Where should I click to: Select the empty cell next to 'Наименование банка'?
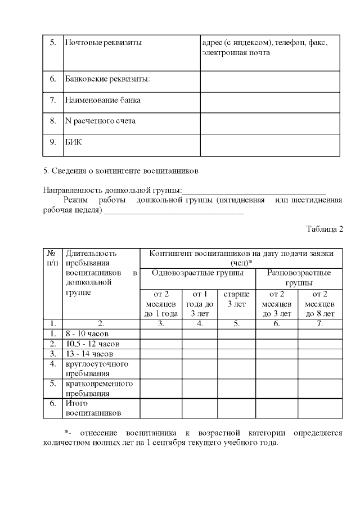(270, 101)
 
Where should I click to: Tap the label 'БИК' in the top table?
(74, 142)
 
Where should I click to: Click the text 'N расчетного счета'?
(100, 121)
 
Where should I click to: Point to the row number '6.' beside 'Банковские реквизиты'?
(52, 79)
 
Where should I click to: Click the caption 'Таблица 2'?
(325, 229)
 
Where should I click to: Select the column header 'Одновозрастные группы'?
(198, 273)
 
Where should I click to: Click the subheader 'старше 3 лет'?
(237, 299)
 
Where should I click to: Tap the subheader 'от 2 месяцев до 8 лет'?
(319, 304)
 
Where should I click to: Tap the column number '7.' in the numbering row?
(319, 324)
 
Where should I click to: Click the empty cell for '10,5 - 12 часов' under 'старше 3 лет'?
(237, 344)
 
